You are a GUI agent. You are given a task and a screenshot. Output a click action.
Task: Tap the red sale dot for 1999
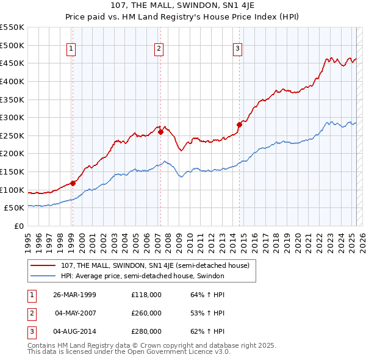tap(73, 182)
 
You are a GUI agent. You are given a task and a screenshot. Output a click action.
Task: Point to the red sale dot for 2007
tap(160, 131)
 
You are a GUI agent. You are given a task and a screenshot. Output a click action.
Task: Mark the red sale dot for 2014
tap(239, 124)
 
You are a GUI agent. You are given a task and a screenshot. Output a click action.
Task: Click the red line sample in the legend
tap(43, 265)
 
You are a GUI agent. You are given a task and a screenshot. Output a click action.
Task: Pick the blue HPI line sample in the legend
tap(43, 276)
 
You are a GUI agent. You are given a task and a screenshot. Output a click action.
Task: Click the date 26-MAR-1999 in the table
tap(75, 295)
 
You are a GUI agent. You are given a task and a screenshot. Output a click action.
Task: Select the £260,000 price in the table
tap(146, 313)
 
